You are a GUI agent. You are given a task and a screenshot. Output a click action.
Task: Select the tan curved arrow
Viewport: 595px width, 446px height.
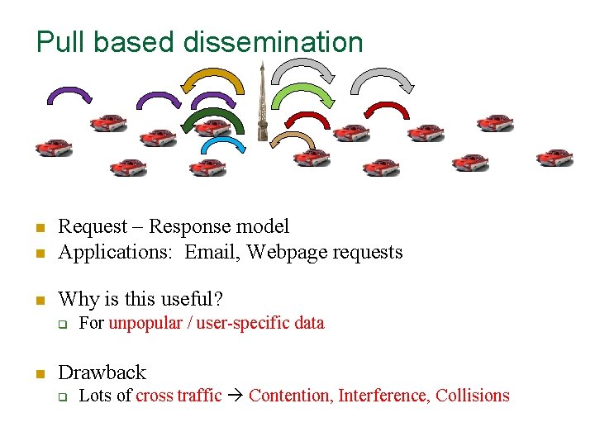click(x=291, y=139)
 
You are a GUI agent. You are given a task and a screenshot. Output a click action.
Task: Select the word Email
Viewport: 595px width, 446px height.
click(x=210, y=252)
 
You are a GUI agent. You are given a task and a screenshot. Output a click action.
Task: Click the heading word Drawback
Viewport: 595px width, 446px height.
click(x=102, y=372)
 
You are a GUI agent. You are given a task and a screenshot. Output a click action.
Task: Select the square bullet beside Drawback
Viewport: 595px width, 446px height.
click(x=38, y=373)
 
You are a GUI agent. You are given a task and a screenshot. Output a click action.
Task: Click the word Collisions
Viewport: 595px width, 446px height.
click(x=473, y=396)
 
